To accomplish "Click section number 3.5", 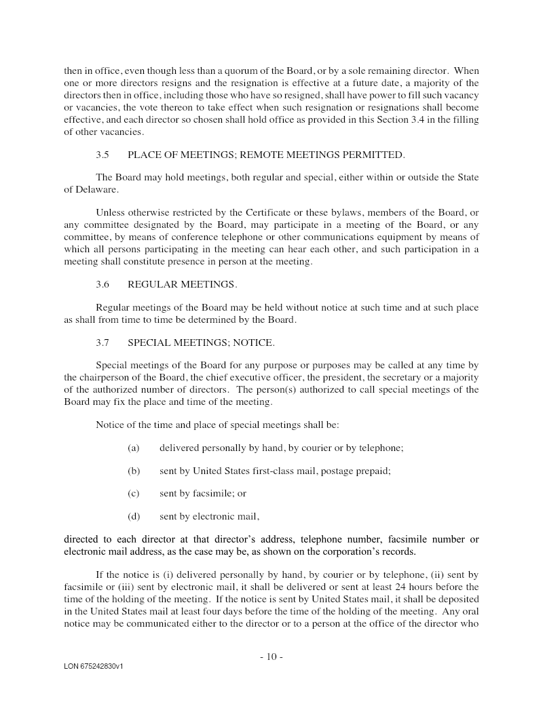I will point(102,155).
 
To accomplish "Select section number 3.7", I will point(102,343).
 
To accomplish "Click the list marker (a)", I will point(133,448).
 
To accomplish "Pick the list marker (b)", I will point(134,471).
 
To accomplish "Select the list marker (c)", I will point(133,494).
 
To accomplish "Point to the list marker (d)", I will point(134,517).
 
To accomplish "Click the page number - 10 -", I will point(271,657).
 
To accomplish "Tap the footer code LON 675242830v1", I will point(94,667).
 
